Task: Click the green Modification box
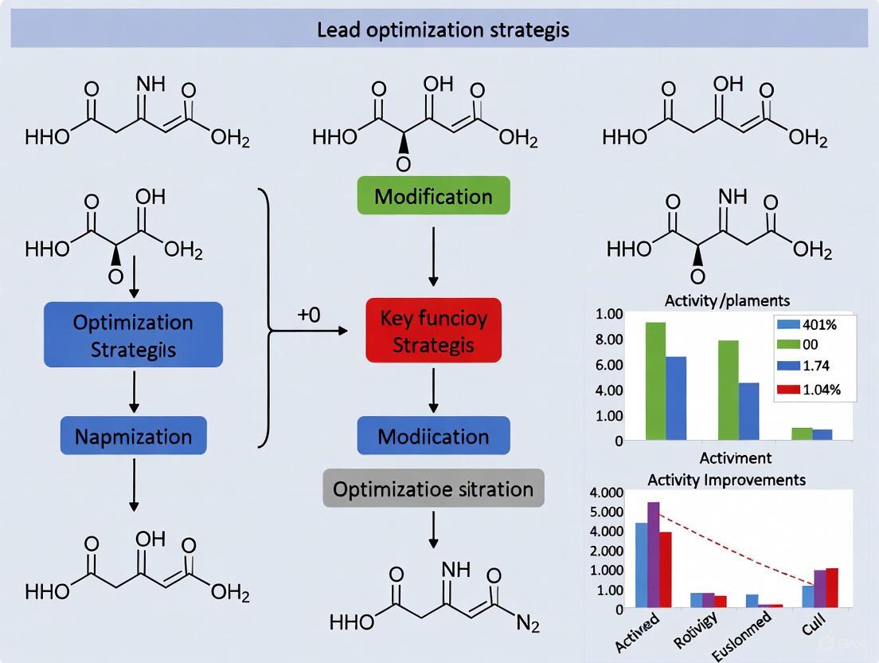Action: [x=433, y=196]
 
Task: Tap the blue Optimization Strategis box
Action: [x=133, y=335]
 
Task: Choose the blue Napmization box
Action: [x=133, y=437]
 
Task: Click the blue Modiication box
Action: [x=433, y=437]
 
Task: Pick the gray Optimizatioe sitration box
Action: [x=433, y=488]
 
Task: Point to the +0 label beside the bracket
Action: [x=308, y=315]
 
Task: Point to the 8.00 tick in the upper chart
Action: [x=610, y=339]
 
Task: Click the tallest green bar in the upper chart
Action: [x=655, y=381]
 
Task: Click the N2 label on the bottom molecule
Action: [x=527, y=624]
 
